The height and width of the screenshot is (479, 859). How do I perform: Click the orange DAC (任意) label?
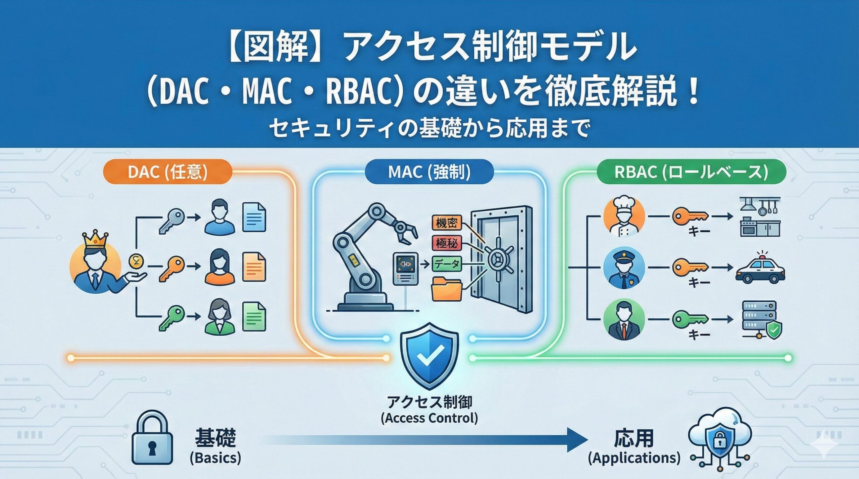click(167, 172)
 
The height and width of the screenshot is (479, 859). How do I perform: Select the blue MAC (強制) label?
click(429, 172)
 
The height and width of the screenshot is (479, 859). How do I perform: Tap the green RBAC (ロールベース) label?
click(692, 172)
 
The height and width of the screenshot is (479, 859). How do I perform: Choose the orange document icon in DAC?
click(254, 267)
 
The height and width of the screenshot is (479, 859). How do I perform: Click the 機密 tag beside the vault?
click(447, 223)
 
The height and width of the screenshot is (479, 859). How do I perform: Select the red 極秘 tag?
click(447, 243)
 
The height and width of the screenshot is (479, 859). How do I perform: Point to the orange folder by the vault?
click(447, 289)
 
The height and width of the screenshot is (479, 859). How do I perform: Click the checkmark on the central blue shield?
click(430, 356)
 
